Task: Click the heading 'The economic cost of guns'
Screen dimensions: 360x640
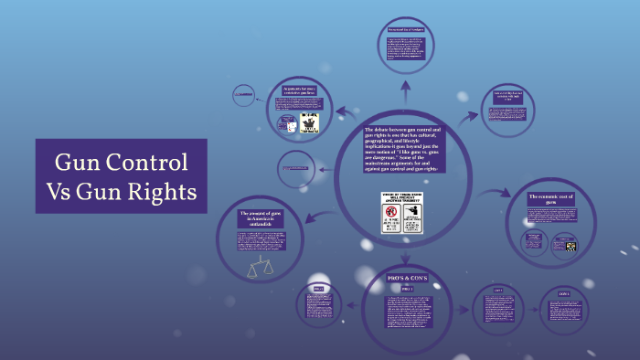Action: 557,200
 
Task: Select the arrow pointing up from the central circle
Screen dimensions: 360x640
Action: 404,90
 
